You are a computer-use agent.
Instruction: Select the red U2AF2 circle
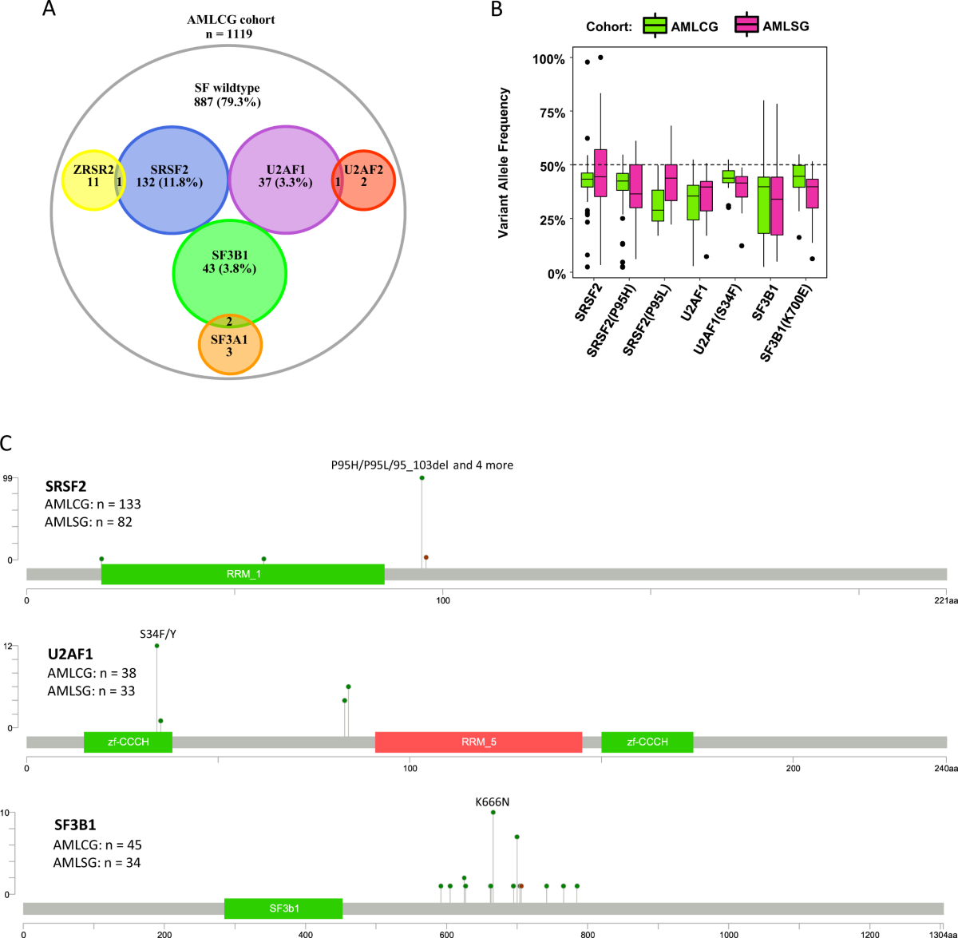[364, 180]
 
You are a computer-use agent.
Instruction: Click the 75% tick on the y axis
[548, 113]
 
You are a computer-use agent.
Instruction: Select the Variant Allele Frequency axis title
[504, 163]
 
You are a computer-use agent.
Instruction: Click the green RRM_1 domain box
[243, 574]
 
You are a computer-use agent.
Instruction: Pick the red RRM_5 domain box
[478, 742]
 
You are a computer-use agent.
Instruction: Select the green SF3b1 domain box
[283, 908]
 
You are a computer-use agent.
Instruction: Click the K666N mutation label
[492, 801]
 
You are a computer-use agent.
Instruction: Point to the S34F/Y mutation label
[157, 634]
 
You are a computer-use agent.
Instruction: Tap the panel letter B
[497, 10]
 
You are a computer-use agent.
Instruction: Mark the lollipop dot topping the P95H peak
[422, 478]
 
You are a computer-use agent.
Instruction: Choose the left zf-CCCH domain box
[128, 742]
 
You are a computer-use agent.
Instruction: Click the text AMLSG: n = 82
[89, 522]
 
